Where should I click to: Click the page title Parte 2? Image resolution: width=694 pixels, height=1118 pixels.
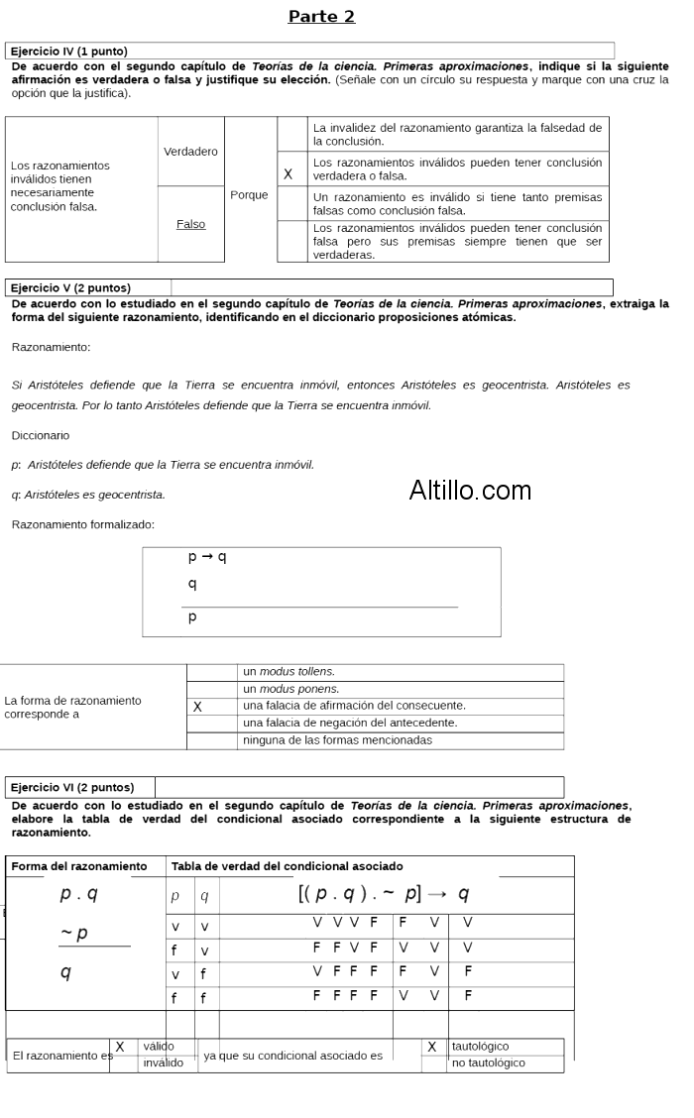[x=321, y=17]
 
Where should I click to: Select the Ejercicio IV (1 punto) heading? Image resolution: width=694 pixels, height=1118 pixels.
[x=68, y=51]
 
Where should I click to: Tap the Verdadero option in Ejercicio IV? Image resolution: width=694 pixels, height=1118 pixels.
[x=190, y=152]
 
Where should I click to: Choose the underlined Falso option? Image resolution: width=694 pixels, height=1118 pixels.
[x=190, y=224]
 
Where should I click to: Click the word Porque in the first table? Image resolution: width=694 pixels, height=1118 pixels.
[x=249, y=195]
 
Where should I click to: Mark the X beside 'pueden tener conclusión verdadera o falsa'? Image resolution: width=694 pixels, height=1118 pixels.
[x=289, y=174]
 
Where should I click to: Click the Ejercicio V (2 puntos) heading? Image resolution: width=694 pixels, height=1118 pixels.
[x=70, y=287]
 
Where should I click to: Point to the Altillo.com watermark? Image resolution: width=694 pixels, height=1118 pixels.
[x=470, y=491]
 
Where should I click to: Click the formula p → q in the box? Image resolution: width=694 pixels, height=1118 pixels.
[x=207, y=557]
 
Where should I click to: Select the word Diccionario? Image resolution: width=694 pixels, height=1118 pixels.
[x=41, y=435]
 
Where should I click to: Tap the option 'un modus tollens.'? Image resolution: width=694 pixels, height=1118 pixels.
[x=289, y=672]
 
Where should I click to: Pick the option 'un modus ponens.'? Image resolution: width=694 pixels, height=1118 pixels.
[x=290, y=689]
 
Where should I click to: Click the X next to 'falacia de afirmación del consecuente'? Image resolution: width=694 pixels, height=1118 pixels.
[x=197, y=707]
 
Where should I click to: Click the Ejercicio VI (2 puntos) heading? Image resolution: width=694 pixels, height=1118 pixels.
[x=71, y=787]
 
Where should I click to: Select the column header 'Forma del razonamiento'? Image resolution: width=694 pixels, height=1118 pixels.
[x=79, y=866]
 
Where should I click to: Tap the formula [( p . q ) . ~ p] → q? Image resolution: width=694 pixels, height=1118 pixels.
[x=384, y=894]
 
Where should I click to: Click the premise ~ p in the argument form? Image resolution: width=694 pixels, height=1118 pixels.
[x=74, y=933]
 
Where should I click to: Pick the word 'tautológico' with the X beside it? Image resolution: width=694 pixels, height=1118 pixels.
[x=480, y=1047]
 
